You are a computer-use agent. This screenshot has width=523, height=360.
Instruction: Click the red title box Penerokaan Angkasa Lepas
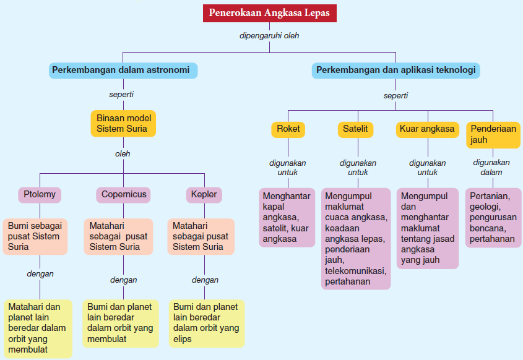(269, 12)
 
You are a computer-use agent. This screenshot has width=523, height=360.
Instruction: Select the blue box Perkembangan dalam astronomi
(123, 70)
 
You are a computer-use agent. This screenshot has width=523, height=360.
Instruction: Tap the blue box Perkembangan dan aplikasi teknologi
(395, 70)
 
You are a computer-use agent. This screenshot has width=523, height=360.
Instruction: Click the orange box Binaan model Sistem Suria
(123, 124)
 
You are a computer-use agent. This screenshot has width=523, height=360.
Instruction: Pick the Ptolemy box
(40, 194)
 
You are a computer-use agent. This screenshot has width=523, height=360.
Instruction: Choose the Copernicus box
(124, 194)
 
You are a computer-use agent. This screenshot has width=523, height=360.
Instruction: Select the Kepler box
(204, 194)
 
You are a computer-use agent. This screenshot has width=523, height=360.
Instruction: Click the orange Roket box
(288, 129)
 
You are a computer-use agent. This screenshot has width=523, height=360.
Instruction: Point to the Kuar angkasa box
(427, 129)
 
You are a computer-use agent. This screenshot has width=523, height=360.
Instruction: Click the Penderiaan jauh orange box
(493, 134)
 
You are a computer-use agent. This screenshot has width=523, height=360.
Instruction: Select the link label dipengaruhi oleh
(269, 36)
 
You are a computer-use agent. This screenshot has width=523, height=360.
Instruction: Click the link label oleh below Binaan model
(123, 153)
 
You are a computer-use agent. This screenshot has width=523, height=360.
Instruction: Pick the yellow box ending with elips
(206, 323)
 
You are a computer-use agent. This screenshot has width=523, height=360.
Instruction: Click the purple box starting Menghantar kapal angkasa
(286, 217)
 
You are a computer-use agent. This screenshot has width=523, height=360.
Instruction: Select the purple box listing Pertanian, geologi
(493, 217)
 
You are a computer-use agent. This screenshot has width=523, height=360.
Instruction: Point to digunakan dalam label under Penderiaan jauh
(491, 167)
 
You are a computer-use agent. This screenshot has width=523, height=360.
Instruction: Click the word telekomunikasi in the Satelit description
(355, 271)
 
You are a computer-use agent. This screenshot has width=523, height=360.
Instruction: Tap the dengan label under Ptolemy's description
(40, 273)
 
